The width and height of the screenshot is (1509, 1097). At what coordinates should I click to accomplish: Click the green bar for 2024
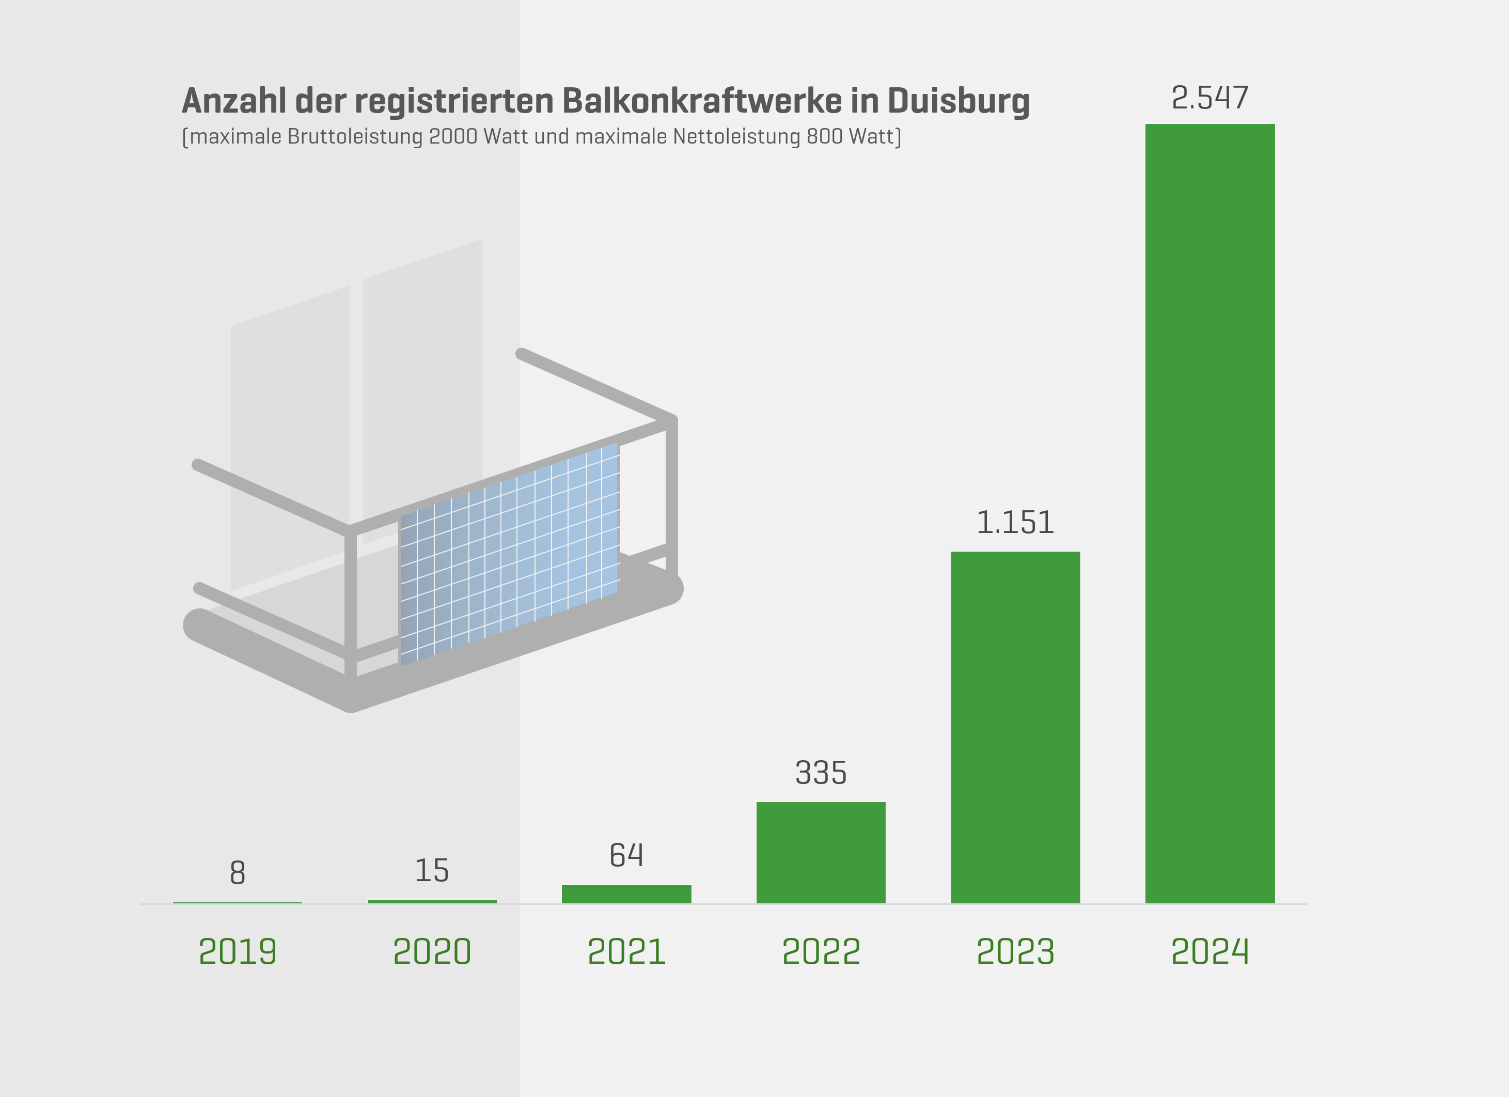tap(1209, 512)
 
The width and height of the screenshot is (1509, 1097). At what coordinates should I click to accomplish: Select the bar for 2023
tap(1015, 727)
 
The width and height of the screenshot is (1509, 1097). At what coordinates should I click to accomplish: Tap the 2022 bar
tap(821, 852)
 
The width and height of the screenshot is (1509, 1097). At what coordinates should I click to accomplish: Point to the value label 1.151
tap(1015, 523)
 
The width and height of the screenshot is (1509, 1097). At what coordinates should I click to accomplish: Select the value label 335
tap(821, 773)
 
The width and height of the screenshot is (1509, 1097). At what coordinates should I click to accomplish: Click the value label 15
tap(432, 871)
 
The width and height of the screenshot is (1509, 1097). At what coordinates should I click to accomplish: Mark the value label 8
tap(238, 873)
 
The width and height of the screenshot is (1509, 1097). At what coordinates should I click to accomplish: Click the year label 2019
tap(238, 951)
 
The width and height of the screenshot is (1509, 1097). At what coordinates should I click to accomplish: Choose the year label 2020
tap(432, 951)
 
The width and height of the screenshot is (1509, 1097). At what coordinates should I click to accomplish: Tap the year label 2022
tap(821, 951)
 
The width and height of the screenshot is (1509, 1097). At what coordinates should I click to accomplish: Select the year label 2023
tap(1015, 951)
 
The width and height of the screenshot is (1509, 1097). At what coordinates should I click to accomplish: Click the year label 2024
tap(1209, 951)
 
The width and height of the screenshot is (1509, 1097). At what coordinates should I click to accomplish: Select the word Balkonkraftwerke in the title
tap(701, 101)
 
